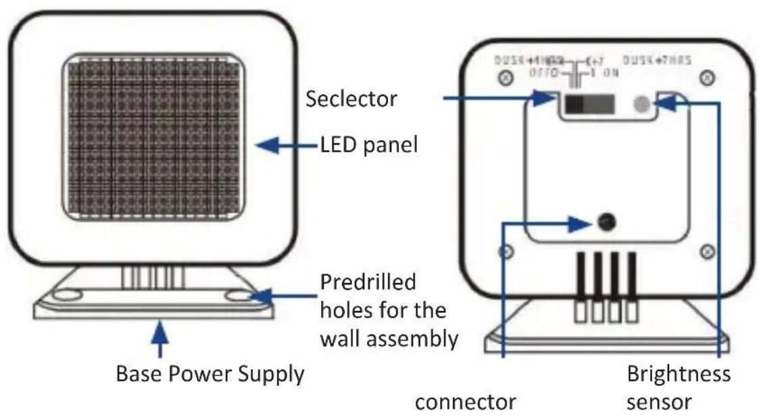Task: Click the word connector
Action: pos(466,401)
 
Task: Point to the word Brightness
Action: pos(678,374)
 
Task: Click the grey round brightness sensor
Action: pos(641,103)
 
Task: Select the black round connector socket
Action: pos(606,221)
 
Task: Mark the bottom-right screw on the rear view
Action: pos(707,251)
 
